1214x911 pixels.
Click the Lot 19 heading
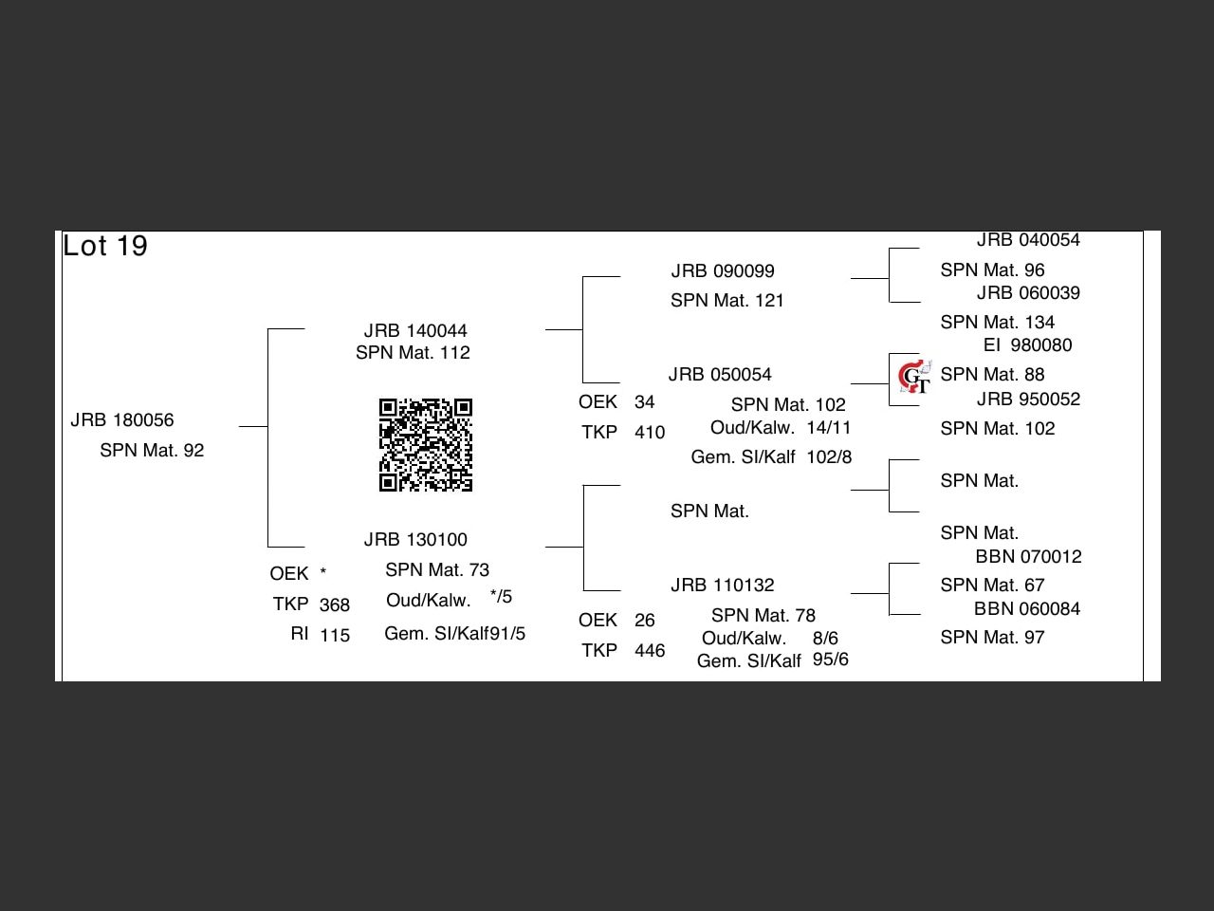tap(105, 247)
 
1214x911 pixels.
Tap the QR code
tap(426, 445)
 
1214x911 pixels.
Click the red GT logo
tap(915, 378)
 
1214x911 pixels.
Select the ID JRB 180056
tap(122, 420)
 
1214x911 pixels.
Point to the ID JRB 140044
tap(415, 331)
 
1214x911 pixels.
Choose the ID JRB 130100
tap(415, 540)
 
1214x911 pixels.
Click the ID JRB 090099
tap(723, 271)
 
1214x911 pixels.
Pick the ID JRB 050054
tap(720, 375)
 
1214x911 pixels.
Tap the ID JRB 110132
tap(723, 586)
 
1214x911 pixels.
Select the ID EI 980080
tap(1028, 345)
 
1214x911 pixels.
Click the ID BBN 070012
tap(1029, 557)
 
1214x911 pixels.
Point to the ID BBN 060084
tap(1027, 609)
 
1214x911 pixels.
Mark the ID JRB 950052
tap(1029, 400)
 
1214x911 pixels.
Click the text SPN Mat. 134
tap(998, 323)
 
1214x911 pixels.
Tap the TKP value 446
tap(650, 651)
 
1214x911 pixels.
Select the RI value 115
tap(335, 636)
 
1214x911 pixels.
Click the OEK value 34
tap(645, 402)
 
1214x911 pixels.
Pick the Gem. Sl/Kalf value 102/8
tap(829, 457)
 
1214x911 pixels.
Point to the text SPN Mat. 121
tap(727, 301)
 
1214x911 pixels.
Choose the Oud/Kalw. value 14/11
tap(829, 428)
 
